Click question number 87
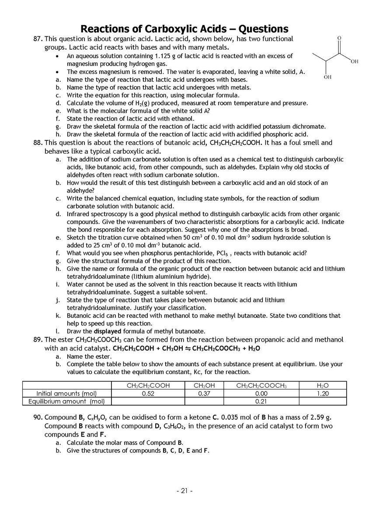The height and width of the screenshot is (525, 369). [38, 39]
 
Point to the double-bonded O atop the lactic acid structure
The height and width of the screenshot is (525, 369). [339, 38]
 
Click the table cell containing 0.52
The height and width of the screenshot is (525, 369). [149, 393]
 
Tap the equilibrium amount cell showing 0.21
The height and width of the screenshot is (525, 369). [261, 401]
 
